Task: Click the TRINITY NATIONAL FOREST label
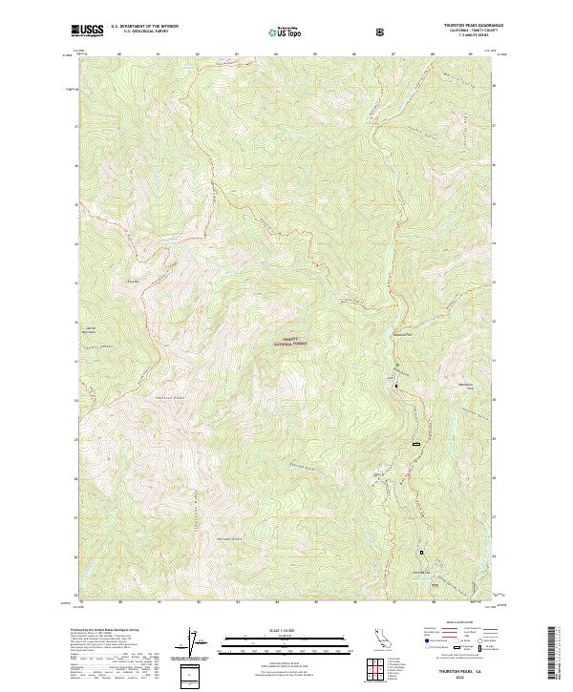click(293, 341)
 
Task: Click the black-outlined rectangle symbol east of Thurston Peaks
click(415, 445)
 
